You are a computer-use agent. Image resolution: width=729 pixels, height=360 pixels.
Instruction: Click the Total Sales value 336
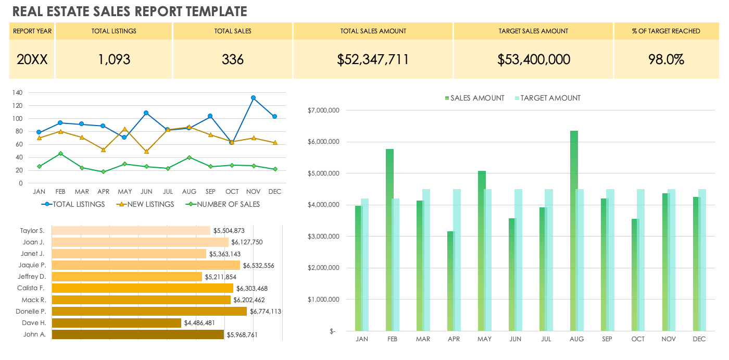[233, 59]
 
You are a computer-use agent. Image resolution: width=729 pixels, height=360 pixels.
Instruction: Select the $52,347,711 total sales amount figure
[373, 59]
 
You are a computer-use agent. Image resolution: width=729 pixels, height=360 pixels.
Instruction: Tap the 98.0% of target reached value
[666, 59]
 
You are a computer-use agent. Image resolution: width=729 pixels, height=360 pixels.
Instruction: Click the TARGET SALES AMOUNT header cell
[533, 31]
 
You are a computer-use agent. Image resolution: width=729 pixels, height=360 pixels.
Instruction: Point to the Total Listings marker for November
[254, 98]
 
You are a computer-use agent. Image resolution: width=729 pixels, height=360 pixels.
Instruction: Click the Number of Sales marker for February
[60, 154]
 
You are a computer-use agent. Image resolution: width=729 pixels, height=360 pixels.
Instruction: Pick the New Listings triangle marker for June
[146, 152]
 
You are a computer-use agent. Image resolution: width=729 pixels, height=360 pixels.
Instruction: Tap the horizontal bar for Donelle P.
[149, 311]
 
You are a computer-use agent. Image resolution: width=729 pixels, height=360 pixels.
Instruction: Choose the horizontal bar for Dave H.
[117, 323]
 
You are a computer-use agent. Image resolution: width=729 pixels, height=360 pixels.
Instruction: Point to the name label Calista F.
[31, 288]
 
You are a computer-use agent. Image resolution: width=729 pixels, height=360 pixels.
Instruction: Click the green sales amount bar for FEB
[389, 240]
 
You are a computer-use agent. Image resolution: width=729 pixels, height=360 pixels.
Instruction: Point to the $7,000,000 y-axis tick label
[324, 110]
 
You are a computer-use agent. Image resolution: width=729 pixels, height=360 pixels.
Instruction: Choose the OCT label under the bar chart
[638, 339]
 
